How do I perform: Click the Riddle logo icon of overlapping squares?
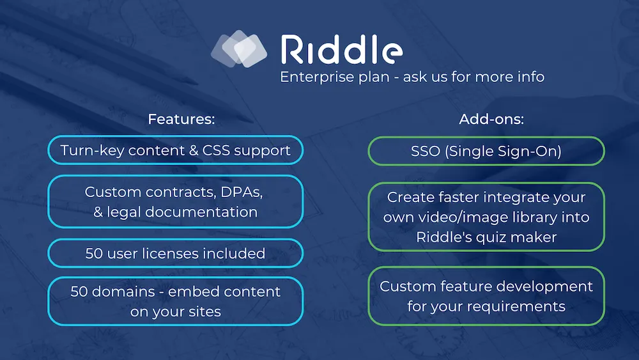239,49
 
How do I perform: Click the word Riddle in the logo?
342,49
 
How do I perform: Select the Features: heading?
181,119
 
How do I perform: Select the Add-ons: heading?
491,119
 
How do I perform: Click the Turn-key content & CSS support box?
176,150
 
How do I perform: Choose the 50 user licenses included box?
176,253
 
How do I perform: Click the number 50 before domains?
79,292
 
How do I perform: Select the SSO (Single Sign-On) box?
486,152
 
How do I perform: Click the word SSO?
426,152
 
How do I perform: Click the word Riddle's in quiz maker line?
444,237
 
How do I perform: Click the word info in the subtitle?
531,77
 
